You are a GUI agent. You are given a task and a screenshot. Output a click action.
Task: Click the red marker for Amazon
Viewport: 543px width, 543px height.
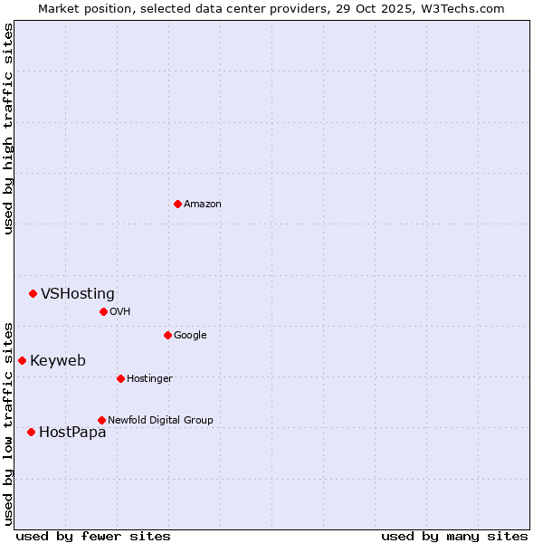click(x=177, y=204)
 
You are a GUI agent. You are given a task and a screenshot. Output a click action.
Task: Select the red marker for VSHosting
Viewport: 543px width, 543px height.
click(x=33, y=293)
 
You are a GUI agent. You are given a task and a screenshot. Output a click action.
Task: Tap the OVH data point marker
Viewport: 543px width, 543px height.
click(x=103, y=311)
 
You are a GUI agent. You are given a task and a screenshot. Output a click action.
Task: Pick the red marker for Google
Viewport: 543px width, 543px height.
click(x=167, y=335)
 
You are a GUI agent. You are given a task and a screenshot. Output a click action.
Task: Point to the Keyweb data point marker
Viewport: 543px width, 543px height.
click(x=22, y=360)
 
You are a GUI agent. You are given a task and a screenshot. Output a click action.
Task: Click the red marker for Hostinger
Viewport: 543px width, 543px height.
click(x=120, y=378)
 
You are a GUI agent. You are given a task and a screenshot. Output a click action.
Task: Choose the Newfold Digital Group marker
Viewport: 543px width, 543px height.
click(x=101, y=420)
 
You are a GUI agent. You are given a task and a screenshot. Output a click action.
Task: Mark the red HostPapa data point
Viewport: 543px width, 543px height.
click(x=31, y=432)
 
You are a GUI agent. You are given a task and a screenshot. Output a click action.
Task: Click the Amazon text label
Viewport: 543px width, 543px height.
click(x=203, y=205)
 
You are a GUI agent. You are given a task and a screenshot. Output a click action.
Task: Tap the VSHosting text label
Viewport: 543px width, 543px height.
click(x=78, y=293)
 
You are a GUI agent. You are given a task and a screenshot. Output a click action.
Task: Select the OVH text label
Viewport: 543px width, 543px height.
click(x=120, y=312)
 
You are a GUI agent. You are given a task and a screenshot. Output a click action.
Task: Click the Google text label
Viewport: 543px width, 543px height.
click(x=190, y=336)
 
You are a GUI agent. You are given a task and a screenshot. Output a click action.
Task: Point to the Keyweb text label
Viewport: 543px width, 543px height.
click(x=58, y=360)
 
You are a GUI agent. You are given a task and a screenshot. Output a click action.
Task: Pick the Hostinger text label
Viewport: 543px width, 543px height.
click(x=149, y=378)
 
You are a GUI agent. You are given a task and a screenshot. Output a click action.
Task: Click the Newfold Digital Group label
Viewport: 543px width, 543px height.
click(x=160, y=420)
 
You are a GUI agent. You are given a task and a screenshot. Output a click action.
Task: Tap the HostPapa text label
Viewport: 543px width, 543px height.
click(x=72, y=433)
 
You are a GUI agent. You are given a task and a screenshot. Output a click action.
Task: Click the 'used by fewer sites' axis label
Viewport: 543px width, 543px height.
click(x=93, y=536)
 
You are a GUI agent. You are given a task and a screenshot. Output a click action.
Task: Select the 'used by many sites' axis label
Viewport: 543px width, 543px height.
click(x=454, y=536)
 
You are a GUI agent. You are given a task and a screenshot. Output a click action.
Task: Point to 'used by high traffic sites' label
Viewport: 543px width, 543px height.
click(x=8, y=129)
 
